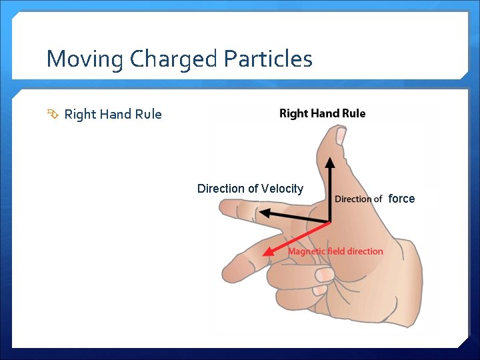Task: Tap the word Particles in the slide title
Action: tap(268, 59)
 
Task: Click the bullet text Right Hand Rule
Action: tap(113, 114)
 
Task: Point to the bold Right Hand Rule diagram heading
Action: tap(322, 113)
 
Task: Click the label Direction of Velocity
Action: tap(250, 189)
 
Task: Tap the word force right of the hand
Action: tap(401, 199)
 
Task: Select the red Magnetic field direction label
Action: tap(335, 251)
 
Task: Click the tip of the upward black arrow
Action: tap(329, 159)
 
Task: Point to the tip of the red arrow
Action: tap(265, 254)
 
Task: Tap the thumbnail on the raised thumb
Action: tap(340, 136)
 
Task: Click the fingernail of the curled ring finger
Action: tap(324, 274)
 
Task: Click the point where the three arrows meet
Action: tap(329, 222)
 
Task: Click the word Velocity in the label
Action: tap(281, 189)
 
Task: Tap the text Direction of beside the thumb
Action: tap(358, 199)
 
